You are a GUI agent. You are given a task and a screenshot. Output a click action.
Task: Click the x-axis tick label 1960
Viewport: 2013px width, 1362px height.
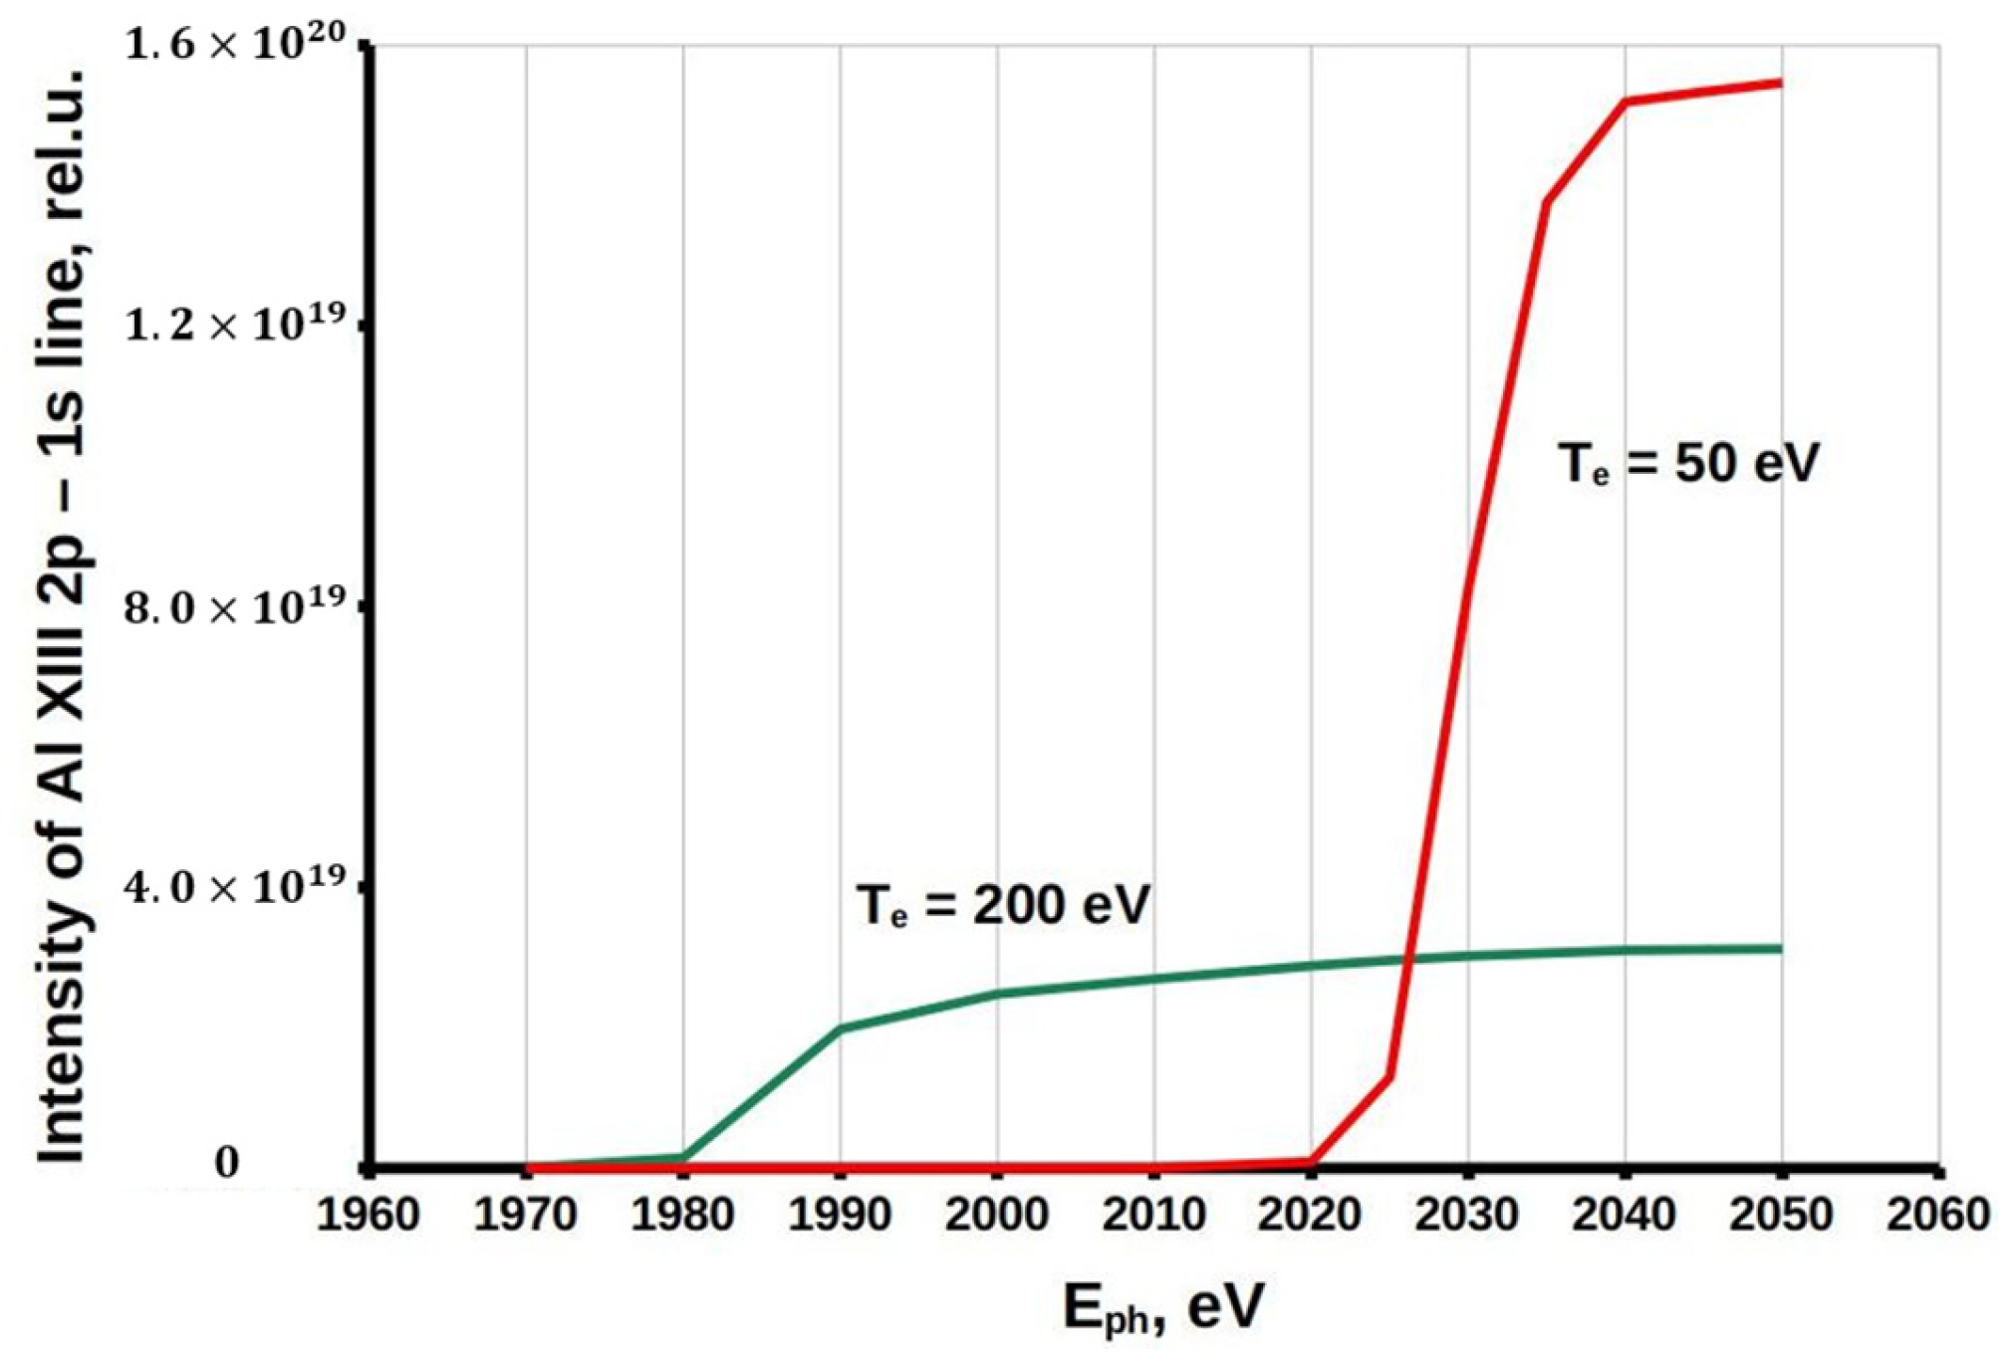tap(368, 1215)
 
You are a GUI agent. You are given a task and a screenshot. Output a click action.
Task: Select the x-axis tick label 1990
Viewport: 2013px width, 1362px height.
tap(839, 1215)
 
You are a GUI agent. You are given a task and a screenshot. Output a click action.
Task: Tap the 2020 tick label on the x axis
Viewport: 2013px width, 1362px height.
tap(1310, 1215)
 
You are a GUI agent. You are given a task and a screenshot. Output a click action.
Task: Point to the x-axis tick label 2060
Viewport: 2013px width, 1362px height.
tap(1938, 1215)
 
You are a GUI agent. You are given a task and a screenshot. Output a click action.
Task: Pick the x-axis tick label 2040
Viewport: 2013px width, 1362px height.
tap(1625, 1215)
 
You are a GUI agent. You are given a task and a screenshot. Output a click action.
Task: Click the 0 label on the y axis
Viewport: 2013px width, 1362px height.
tap(227, 1162)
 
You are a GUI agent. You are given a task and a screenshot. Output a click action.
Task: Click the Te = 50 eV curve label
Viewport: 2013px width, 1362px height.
tap(1688, 463)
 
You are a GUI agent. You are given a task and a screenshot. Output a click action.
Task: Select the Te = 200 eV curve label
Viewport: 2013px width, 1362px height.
tap(1003, 905)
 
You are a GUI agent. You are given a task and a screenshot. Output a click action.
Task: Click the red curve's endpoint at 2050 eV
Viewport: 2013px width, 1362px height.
tap(1780, 83)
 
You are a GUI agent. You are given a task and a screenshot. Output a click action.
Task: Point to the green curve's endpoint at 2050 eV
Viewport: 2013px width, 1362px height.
tap(1780, 948)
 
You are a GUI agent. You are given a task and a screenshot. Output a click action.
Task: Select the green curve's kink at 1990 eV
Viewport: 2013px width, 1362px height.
tap(840, 1028)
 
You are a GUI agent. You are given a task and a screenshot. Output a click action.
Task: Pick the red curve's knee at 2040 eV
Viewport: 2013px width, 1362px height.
tap(1626, 102)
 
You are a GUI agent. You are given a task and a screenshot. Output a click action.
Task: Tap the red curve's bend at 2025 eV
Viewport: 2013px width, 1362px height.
tap(1388, 1075)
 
